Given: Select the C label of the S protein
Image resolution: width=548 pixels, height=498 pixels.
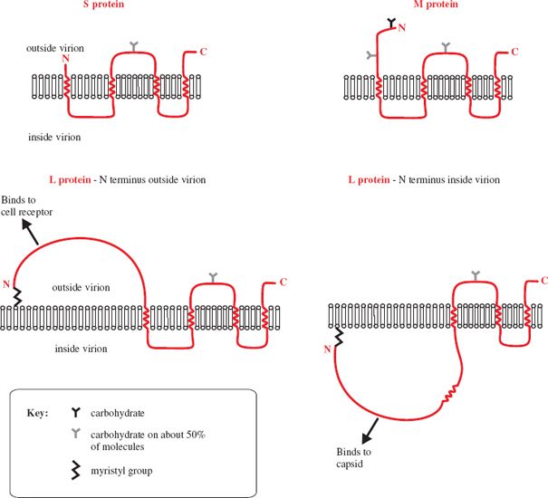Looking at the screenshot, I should tap(203, 52).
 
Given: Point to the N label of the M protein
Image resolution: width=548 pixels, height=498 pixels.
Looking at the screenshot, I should tap(402, 28).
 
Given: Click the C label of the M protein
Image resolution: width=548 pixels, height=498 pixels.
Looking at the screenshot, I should tap(514, 52).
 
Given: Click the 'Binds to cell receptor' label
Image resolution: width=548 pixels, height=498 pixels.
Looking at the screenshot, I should tap(27, 206).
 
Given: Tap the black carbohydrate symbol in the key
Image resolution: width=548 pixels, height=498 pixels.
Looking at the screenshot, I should tap(75, 411).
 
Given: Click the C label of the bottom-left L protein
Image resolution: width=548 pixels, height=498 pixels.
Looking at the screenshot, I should tap(283, 283).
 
